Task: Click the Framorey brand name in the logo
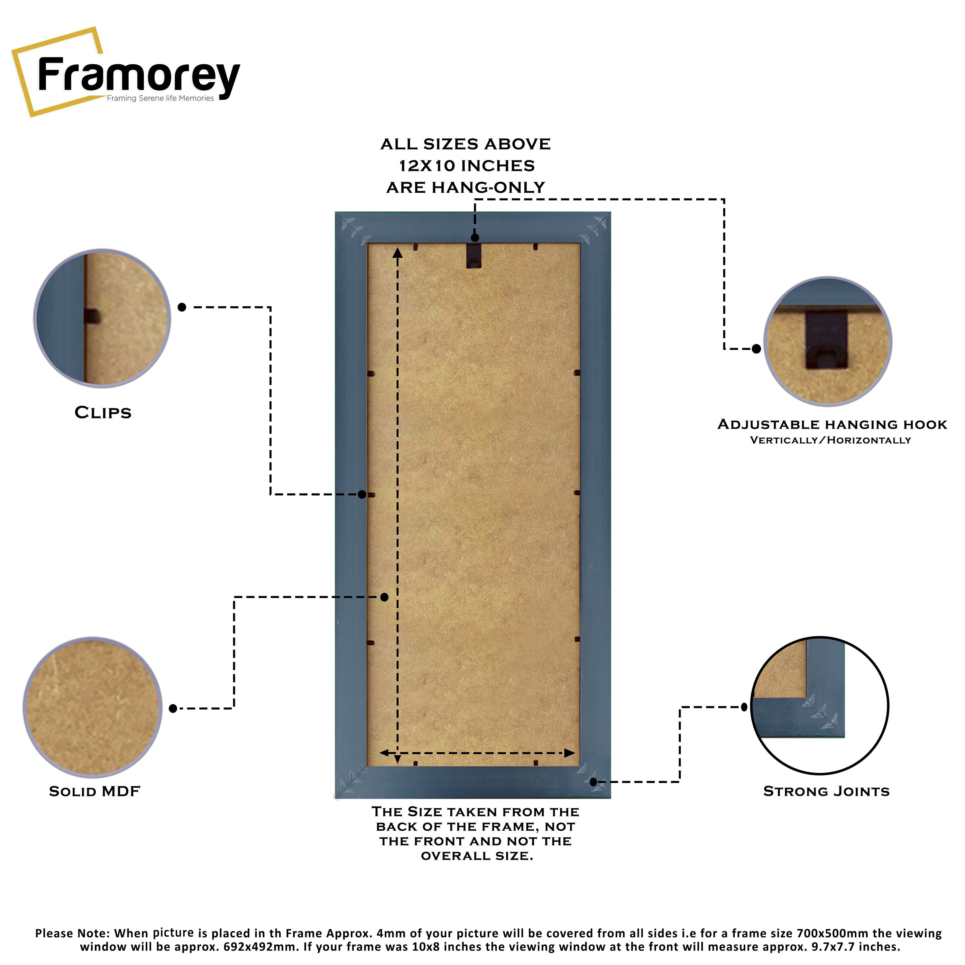pos(139,76)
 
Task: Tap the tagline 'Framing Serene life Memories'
pos(160,98)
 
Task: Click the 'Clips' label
pos(103,413)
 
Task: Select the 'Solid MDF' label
pos(94,791)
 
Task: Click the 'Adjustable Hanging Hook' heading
pos(832,425)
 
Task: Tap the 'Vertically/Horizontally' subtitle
pos(830,440)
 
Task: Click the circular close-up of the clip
pos(102,318)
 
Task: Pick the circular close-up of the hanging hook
pos(828,341)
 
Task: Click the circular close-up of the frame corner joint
pos(820,705)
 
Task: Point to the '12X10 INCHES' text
pos(466,165)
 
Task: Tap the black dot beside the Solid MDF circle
pos(173,708)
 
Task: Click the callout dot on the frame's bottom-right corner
pos(593,782)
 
